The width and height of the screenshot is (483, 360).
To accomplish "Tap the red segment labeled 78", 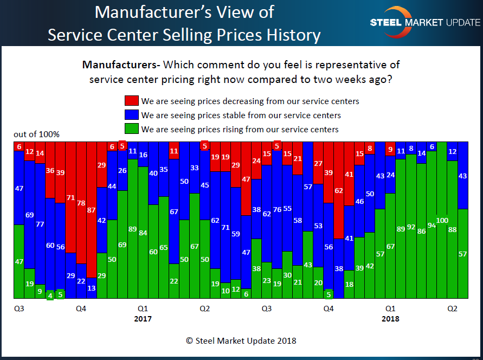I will click(x=81, y=203).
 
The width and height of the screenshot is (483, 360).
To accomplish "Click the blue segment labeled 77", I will click(x=40, y=223).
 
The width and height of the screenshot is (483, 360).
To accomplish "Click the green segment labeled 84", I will click(x=143, y=233).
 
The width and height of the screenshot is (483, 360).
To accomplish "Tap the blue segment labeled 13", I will click(x=92, y=288).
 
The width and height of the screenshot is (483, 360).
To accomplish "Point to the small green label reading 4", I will click(x=50, y=295).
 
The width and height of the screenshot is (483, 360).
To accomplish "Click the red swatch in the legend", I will click(x=131, y=101).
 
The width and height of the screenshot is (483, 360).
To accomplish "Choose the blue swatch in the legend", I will click(x=131, y=115).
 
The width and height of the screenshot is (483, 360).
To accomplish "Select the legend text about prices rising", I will click(x=240, y=129).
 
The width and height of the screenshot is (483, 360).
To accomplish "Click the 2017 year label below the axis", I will click(x=143, y=319).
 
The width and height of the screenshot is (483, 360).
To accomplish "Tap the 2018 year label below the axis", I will click(x=390, y=319).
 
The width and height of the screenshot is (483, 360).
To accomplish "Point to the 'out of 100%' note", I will click(x=37, y=134).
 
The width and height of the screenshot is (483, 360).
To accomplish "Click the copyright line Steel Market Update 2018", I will click(x=241, y=341).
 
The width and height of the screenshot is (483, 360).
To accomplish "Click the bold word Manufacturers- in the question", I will click(x=121, y=65).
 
